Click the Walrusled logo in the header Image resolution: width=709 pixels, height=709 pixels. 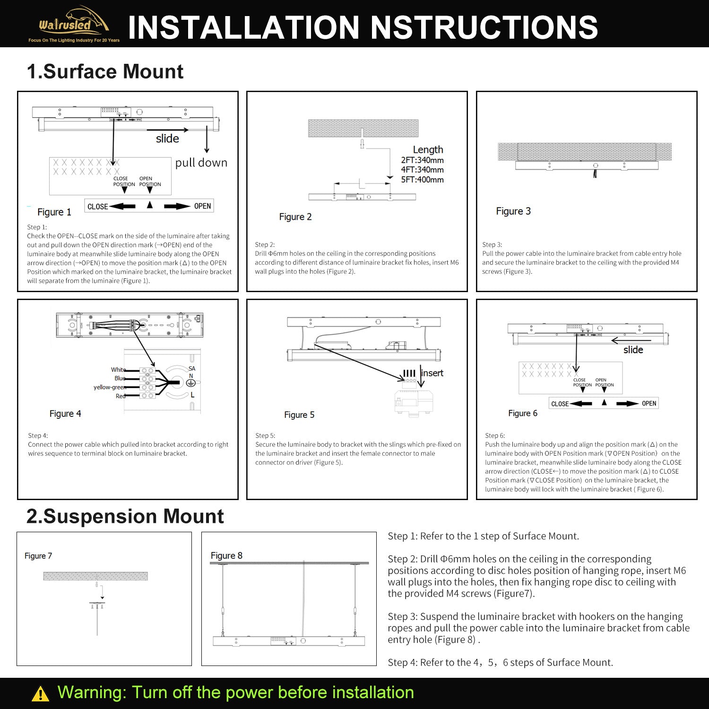pyautogui.click(x=74, y=25)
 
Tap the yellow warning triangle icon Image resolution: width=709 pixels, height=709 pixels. pyautogui.click(x=40, y=693)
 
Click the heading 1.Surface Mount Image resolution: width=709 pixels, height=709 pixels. pyautogui.click(x=105, y=71)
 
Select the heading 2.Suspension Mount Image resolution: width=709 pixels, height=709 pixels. pyautogui.click(x=125, y=516)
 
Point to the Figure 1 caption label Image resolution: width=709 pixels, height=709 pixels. pyautogui.click(x=54, y=212)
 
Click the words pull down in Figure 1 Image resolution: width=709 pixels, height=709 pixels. pyautogui.click(x=201, y=163)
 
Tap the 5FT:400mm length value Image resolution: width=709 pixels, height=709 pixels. pyautogui.click(x=422, y=180)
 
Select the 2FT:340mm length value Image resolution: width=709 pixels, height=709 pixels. pyautogui.click(x=422, y=160)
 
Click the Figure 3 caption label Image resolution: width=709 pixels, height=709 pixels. pyautogui.click(x=513, y=211)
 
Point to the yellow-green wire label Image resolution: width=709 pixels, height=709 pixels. pyautogui.click(x=109, y=387)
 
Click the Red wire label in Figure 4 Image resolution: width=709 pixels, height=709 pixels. pyautogui.click(x=121, y=396)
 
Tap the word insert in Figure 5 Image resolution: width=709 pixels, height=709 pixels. pyautogui.click(x=432, y=373)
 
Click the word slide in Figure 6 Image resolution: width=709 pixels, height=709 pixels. pyautogui.click(x=633, y=350)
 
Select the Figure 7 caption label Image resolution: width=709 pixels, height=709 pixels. pyautogui.click(x=38, y=556)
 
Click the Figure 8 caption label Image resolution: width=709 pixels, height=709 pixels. pyautogui.click(x=226, y=556)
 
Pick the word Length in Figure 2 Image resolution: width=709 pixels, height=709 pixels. pyautogui.click(x=428, y=150)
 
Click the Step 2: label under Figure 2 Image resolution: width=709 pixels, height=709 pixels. pyautogui.click(x=265, y=245)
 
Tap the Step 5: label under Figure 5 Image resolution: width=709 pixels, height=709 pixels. pyautogui.click(x=265, y=436)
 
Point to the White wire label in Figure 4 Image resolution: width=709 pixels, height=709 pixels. pyautogui.click(x=118, y=370)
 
